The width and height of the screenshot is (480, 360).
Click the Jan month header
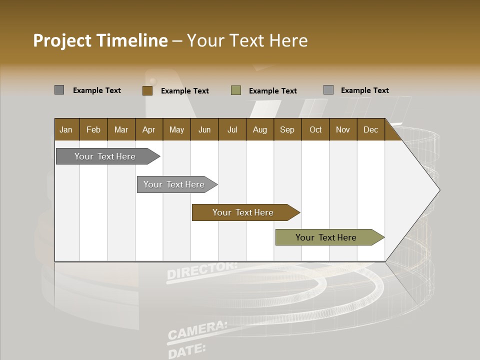pos(66,129)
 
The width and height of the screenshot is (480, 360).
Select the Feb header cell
pos(93,129)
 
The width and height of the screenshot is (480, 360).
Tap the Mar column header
pos(121,129)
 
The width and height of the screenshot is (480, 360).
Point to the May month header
pos(176,129)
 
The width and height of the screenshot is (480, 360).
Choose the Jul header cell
pos(232,129)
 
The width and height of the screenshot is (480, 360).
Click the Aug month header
pos(259,129)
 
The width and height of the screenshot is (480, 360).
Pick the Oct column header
pos(315,129)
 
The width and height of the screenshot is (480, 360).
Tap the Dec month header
pos(370,129)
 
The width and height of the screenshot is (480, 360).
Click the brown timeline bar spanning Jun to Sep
pos(243,212)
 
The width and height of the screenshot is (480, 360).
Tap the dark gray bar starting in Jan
pos(105,156)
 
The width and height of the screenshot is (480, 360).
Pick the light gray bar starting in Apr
pos(174,184)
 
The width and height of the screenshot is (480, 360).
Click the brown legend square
pos(147,90)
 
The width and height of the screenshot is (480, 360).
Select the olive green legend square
pos(236,90)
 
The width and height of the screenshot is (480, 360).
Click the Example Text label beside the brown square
pos(184,91)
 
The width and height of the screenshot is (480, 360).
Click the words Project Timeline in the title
pos(100,40)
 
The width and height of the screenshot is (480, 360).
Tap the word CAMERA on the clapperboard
pos(197,330)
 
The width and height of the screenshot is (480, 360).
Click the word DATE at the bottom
pos(186,350)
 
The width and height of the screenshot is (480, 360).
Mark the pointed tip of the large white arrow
pos(439,189)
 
